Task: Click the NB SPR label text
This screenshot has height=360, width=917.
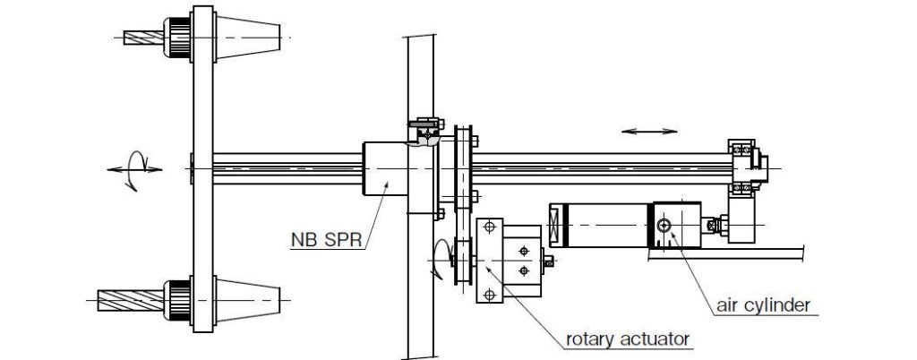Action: tap(324, 240)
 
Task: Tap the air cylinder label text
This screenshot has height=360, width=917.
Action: tap(764, 305)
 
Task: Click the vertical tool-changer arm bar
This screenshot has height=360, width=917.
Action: tap(202, 167)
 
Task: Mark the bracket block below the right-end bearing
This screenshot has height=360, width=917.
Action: tap(742, 220)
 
